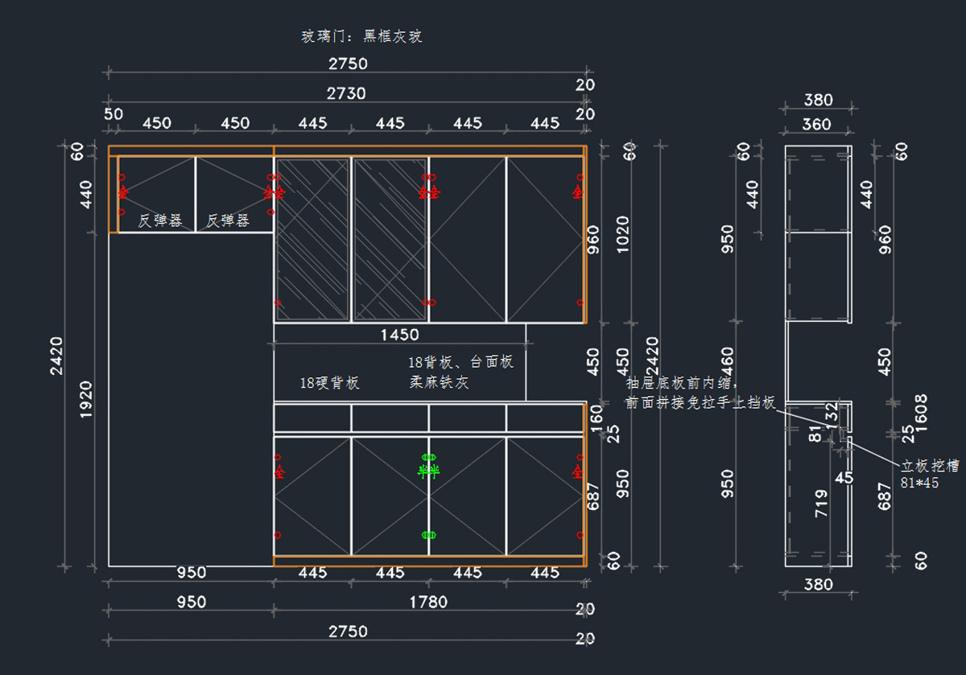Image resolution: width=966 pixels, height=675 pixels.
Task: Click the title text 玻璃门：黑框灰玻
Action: click(x=361, y=36)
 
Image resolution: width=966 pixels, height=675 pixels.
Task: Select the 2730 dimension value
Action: click(x=346, y=93)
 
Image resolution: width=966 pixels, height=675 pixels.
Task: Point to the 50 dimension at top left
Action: click(x=114, y=114)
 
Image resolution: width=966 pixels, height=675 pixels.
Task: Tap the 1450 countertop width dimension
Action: click(x=399, y=334)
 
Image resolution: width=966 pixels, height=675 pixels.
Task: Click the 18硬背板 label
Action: click(x=329, y=384)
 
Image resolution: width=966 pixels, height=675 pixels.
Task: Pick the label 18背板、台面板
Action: click(x=460, y=362)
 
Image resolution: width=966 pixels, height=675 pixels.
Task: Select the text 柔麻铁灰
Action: click(x=439, y=383)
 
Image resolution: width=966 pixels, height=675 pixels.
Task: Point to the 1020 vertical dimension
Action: click(x=623, y=234)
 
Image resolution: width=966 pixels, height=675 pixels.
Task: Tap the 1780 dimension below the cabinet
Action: click(x=428, y=602)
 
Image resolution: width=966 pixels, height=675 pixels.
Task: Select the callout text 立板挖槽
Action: click(x=929, y=467)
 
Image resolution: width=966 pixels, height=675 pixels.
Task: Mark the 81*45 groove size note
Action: click(x=919, y=484)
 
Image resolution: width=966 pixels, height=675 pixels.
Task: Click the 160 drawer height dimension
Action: click(x=597, y=415)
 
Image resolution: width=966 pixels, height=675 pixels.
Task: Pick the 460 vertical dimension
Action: click(x=728, y=362)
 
